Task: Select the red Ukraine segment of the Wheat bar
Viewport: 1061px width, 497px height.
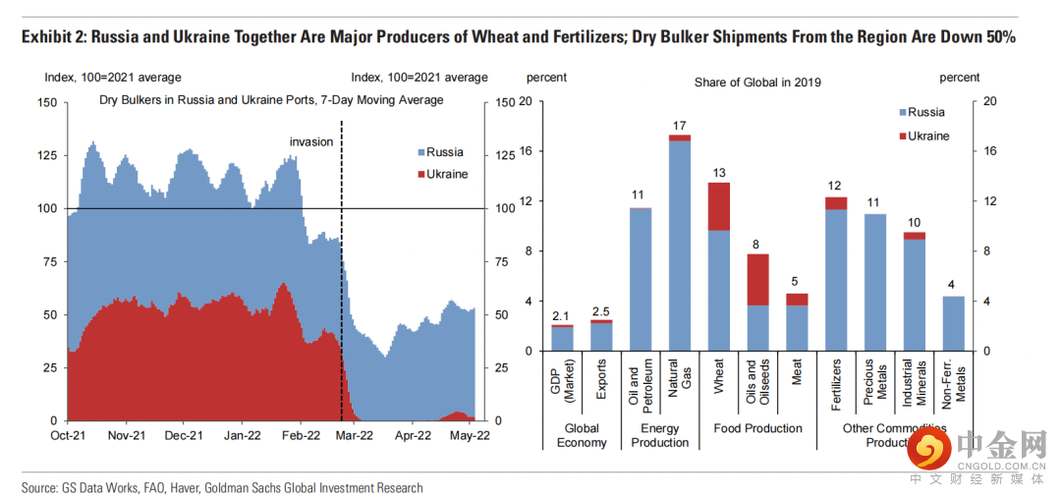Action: (x=718, y=206)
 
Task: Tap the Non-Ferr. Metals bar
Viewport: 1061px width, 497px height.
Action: (x=953, y=323)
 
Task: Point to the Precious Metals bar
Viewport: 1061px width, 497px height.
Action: (x=874, y=282)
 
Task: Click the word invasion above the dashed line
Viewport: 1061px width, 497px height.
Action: (x=311, y=142)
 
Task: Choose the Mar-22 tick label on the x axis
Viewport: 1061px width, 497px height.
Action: (x=355, y=434)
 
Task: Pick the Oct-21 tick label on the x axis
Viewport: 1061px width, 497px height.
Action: (x=68, y=434)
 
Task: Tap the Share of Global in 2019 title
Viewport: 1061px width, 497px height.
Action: (x=757, y=83)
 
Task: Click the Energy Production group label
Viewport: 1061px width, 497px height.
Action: (x=659, y=435)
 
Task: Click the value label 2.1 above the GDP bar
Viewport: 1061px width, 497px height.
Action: (x=561, y=314)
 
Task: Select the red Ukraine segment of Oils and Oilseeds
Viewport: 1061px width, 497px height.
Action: (x=757, y=280)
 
